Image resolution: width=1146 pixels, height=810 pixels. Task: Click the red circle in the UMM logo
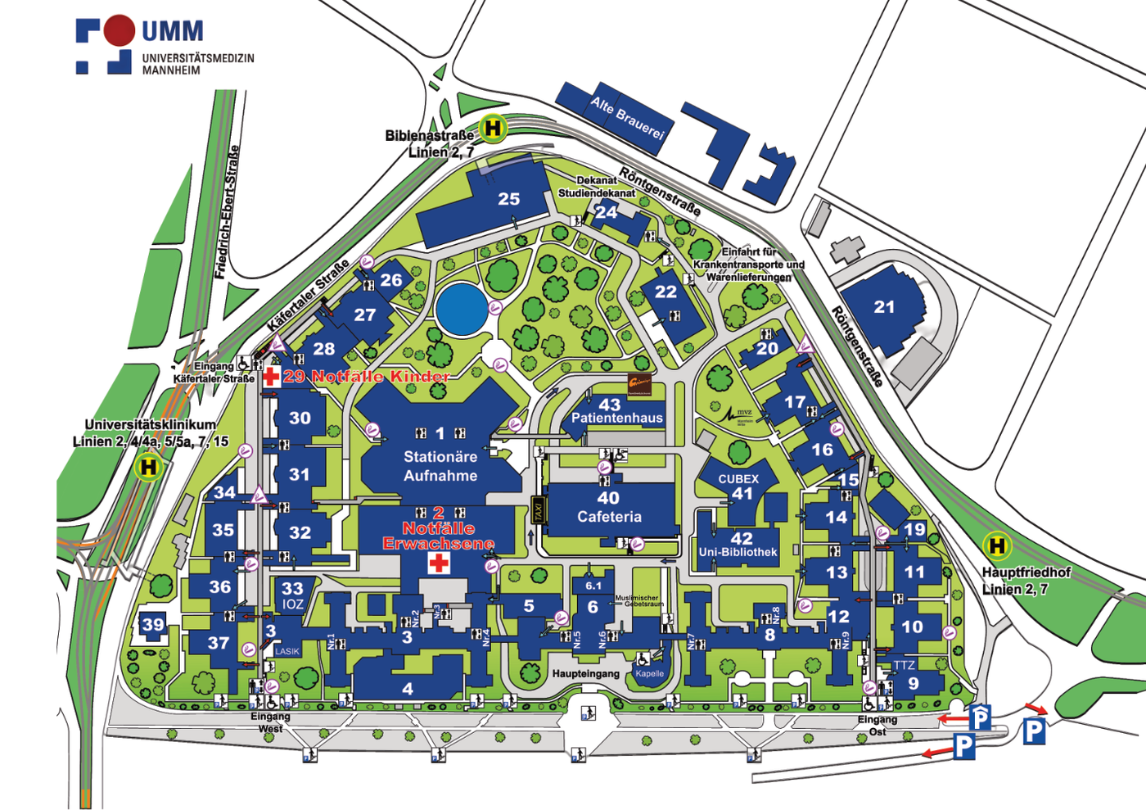click(119, 29)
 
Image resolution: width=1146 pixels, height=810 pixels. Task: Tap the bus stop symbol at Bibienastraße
click(493, 129)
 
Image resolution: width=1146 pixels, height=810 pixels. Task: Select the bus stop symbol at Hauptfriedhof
click(996, 545)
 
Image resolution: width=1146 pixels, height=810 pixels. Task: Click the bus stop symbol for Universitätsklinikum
click(148, 468)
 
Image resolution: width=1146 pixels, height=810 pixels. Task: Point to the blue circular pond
click(461, 309)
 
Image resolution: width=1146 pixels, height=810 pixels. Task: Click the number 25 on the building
click(508, 199)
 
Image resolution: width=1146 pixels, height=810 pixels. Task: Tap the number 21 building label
click(884, 307)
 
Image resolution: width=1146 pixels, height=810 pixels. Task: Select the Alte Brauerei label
click(628, 117)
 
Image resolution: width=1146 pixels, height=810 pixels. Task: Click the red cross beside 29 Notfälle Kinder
click(271, 377)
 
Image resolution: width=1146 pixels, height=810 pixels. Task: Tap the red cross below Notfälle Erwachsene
click(440, 563)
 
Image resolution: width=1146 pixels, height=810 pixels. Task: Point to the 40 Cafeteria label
click(608, 508)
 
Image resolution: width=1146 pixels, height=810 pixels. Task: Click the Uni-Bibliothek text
click(738, 552)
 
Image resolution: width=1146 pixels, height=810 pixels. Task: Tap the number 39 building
click(153, 625)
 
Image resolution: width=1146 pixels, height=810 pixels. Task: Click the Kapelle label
click(649, 674)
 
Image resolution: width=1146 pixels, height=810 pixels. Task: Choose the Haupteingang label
click(585, 673)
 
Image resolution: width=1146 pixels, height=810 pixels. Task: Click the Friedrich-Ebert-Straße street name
click(228, 212)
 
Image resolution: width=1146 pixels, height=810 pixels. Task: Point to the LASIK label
click(287, 651)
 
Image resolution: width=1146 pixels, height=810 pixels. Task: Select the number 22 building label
click(665, 292)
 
